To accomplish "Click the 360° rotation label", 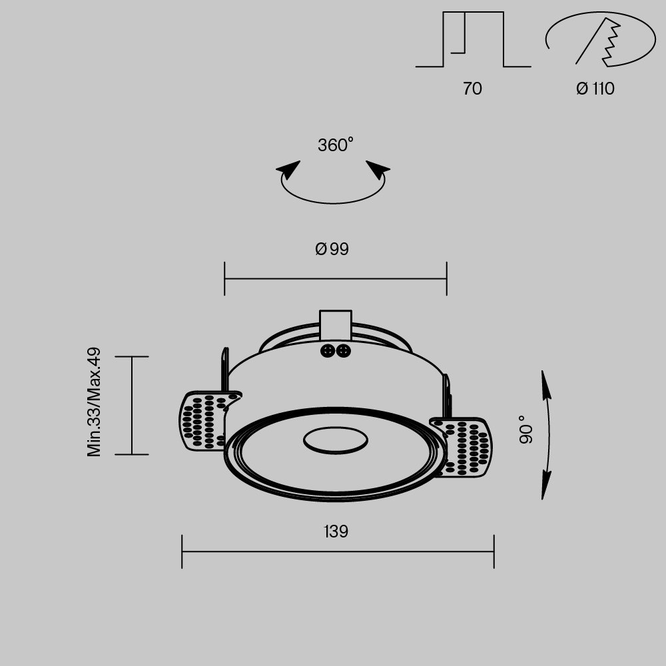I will [x=335, y=145].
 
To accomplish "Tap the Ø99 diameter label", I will [x=332, y=249].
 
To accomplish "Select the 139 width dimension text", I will [x=336, y=532].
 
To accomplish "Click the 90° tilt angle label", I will [x=526, y=430].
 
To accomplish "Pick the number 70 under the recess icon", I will [x=472, y=89].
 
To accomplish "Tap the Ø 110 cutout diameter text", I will [x=595, y=89].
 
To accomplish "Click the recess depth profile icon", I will [x=473, y=40].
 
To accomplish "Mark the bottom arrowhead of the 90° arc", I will [x=545, y=486].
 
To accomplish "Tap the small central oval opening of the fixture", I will [x=336, y=440].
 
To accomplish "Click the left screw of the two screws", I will [x=328, y=350].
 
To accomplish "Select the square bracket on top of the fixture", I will [x=336, y=324].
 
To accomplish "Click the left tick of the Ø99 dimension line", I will [x=224, y=278].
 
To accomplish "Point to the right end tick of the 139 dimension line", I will [x=494, y=551].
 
